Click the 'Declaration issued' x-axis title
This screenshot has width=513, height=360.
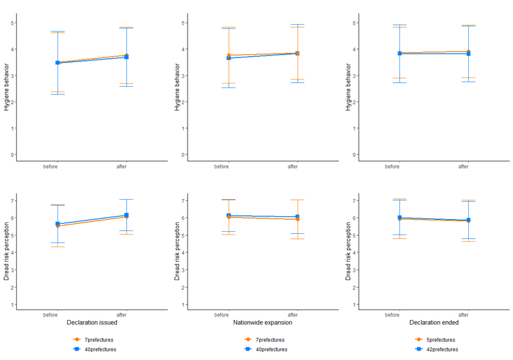coord(92,323)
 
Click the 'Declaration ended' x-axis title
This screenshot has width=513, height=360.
coord(434,323)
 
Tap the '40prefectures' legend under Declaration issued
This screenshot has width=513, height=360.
coord(100,349)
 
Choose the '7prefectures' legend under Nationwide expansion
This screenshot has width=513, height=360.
coord(269,340)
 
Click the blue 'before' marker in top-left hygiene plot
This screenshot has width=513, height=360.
coord(57,63)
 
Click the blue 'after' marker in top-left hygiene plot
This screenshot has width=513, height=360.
coord(126,57)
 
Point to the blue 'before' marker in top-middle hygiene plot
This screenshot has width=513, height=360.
coord(228,58)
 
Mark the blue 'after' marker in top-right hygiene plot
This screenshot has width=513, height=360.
coord(468,53)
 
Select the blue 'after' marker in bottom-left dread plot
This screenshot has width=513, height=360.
coord(126,215)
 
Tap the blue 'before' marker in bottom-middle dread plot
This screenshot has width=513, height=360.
coord(228,215)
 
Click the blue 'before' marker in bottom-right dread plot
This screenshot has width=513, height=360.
coord(399,217)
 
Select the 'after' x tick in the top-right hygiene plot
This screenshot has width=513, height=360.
coord(464,166)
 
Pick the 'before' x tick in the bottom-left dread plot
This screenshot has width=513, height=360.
coord(51,315)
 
